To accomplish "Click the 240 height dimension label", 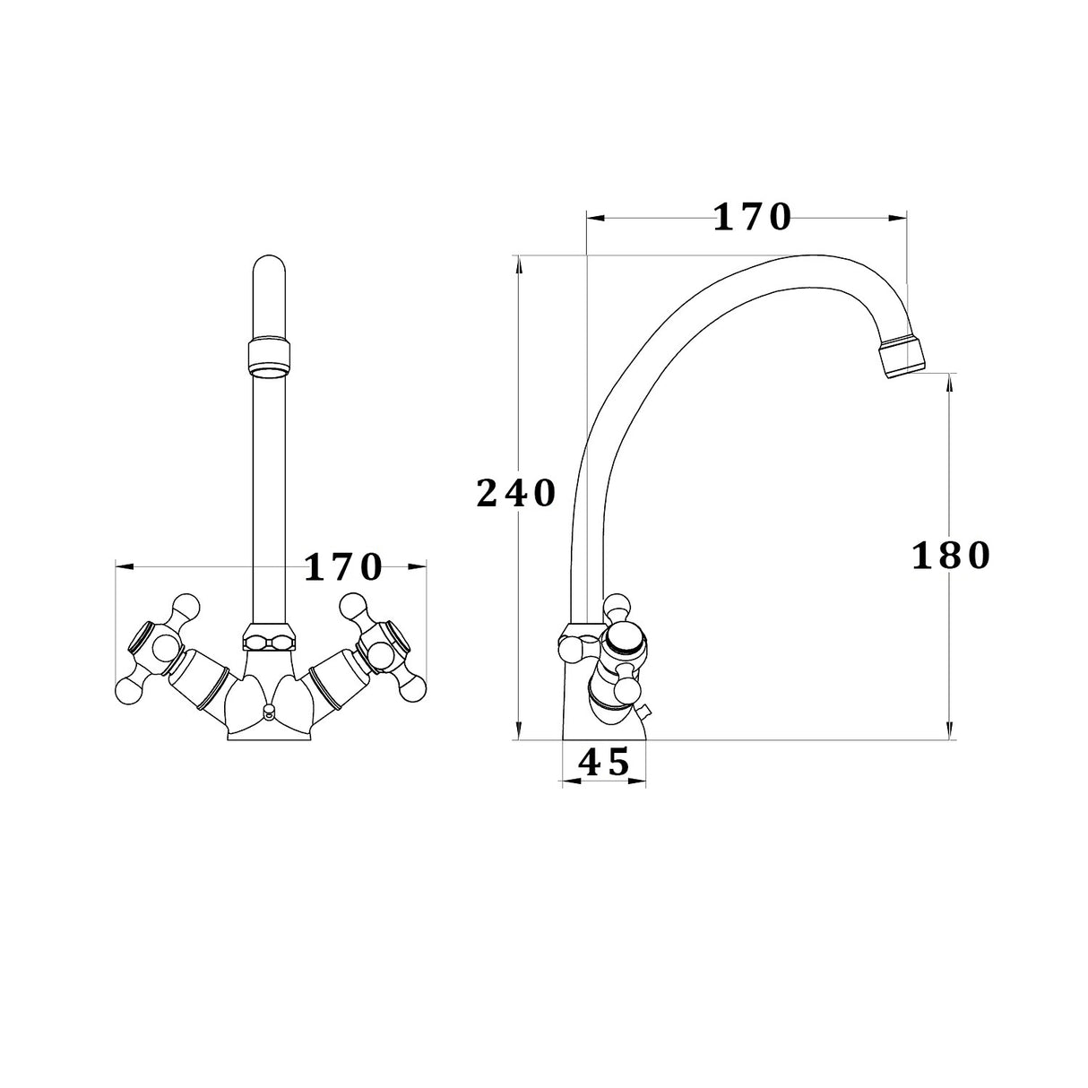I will pos(516,494).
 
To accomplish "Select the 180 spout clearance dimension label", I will pos(951,557).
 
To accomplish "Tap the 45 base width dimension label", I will pos(604,763).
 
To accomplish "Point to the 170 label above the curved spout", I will pos(753,217).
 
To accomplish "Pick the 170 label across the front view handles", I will pos(344,566).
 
